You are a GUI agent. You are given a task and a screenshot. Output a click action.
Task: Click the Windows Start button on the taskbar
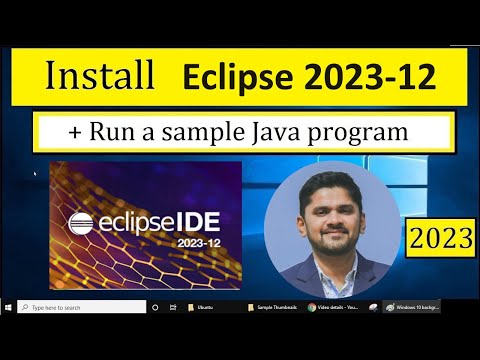[x=9, y=307]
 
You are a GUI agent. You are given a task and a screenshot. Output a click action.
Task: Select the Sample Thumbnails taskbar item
[x=271, y=307]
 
